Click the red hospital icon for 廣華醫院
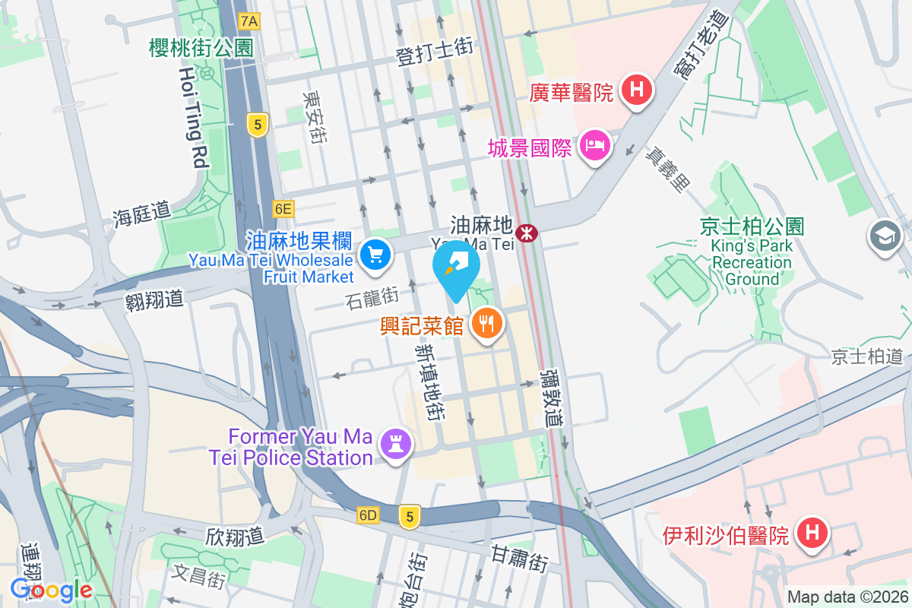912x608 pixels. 637,90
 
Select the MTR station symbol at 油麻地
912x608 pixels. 524,232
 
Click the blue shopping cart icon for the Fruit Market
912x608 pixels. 374,254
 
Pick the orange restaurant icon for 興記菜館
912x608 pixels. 486,324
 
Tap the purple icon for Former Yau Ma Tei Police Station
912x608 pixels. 395,442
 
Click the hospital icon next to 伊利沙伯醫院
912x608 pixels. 812,533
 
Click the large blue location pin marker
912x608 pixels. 456,270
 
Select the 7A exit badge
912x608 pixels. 249,21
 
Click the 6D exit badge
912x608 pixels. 368,515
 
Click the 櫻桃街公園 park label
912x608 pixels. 201,48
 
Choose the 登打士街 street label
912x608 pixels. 435,52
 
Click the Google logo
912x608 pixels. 51,590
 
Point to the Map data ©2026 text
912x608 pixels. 847,597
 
